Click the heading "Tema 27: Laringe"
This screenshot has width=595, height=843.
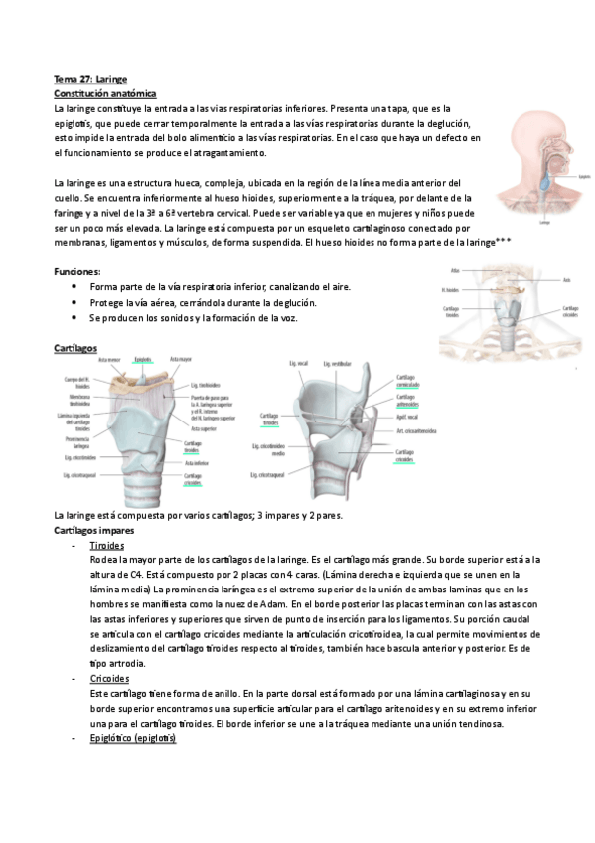pyautogui.click(x=90, y=79)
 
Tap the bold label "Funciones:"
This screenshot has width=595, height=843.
pyautogui.click(x=78, y=271)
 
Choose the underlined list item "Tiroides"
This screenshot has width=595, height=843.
pyautogui.click(x=106, y=547)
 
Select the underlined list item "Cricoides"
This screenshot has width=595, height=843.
pyautogui.click(x=109, y=678)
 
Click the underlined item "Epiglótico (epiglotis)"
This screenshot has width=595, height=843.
pyautogui.click(x=132, y=738)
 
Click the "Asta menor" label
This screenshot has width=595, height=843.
pyautogui.click(x=109, y=359)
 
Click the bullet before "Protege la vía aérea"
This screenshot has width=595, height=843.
pyautogui.click(x=76, y=302)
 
